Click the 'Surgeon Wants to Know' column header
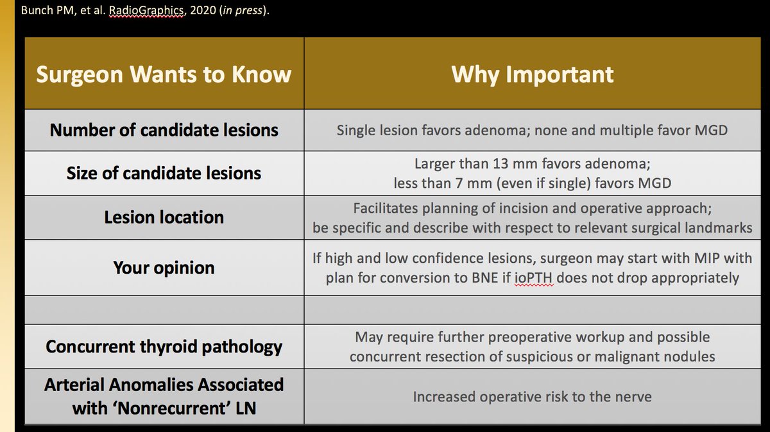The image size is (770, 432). pyautogui.click(x=164, y=74)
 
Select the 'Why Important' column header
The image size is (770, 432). pyautogui.click(x=532, y=74)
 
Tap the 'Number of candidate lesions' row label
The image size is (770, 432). pyautogui.click(x=164, y=130)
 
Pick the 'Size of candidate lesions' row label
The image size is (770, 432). pyautogui.click(x=164, y=172)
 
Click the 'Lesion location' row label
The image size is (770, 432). pyautogui.click(x=164, y=217)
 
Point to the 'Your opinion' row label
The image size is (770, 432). pyautogui.click(x=164, y=267)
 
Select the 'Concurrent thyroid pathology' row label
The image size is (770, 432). pyautogui.click(x=164, y=347)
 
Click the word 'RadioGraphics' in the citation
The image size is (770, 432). pyautogui.click(x=146, y=10)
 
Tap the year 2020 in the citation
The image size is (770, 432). pyautogui.click(x=203, y=10)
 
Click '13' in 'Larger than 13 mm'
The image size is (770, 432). pyautogui.click(x=501, y=163)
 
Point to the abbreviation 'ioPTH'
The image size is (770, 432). pyautogui.click(x=534, y=278)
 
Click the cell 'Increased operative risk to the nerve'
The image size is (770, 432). pyautogui.click(x=532, y=397)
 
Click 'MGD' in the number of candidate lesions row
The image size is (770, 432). pyautogui.click(x=711, y=131)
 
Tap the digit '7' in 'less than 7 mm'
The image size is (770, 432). pyautogui.click(x=459, y=183)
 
